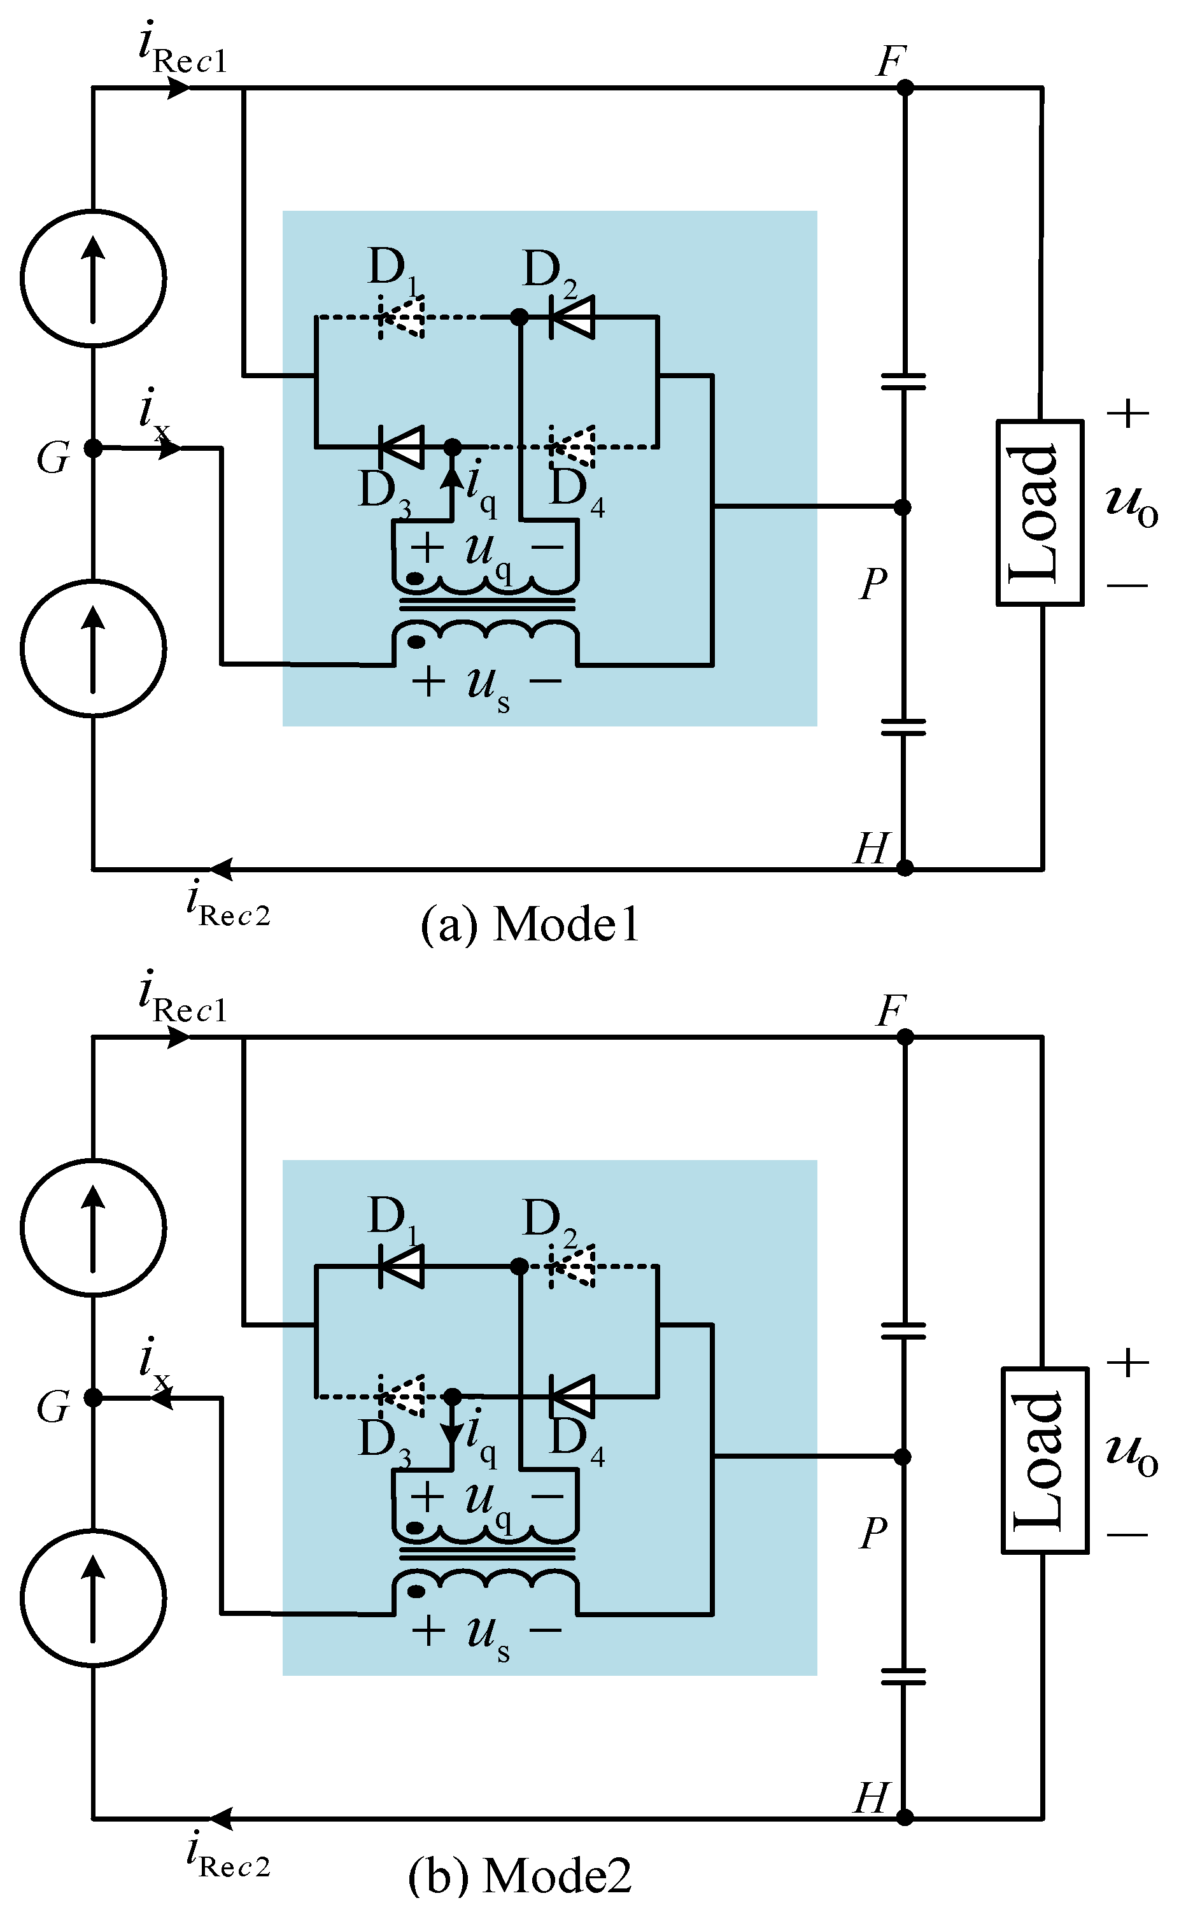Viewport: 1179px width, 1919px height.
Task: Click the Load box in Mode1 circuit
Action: coord(1040,513)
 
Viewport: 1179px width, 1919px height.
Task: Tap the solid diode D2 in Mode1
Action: coord(572,317)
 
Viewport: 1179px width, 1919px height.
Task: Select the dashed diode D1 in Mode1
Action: coord(402,317)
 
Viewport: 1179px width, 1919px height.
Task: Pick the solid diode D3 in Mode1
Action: coord(402,447)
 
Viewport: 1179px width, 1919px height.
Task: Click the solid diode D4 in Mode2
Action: coord(572,1396)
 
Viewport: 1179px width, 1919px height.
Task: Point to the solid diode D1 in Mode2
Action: coord(402,1266)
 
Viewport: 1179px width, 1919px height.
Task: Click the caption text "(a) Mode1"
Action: coord(530,926)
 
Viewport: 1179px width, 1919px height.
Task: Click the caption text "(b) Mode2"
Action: coord(520,1875)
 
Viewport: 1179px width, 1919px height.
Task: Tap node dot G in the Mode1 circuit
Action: coord(93,448)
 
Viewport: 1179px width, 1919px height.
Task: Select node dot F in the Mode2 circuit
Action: coord(905,1037)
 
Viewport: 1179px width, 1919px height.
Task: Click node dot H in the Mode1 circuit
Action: coord(905,868)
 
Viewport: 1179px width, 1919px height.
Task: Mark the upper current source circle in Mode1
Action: coord(93,277)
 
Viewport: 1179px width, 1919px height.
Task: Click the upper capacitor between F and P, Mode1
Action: coord(903,381)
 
